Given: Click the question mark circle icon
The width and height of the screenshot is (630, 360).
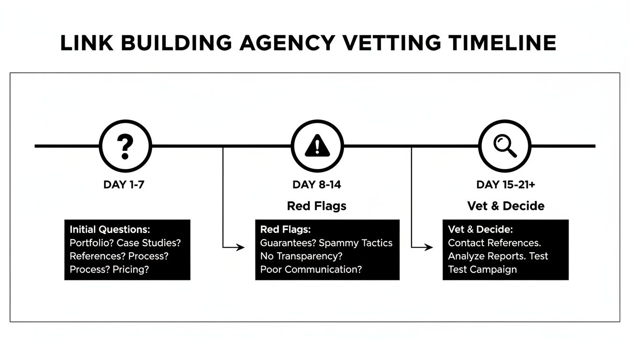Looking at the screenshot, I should click(125, 146).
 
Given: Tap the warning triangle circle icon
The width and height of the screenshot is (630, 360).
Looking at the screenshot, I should click(317, 146).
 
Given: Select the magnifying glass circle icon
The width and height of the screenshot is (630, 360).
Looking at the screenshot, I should click(505, 146).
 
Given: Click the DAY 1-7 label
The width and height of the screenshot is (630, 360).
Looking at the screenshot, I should click(124, 185).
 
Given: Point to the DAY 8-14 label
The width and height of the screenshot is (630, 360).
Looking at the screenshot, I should click(316, 185).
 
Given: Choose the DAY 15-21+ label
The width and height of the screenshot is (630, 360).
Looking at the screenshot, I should click(506, 185).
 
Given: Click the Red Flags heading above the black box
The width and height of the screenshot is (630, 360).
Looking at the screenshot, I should click(316, 206).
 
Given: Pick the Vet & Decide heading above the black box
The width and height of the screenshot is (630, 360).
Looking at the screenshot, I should click(506, 206).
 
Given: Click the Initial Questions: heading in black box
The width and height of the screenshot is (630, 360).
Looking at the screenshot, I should click(110, 230).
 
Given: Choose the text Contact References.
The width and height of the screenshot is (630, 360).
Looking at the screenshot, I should click(495, 243).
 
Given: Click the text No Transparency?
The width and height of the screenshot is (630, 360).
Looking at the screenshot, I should click(301, 256).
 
